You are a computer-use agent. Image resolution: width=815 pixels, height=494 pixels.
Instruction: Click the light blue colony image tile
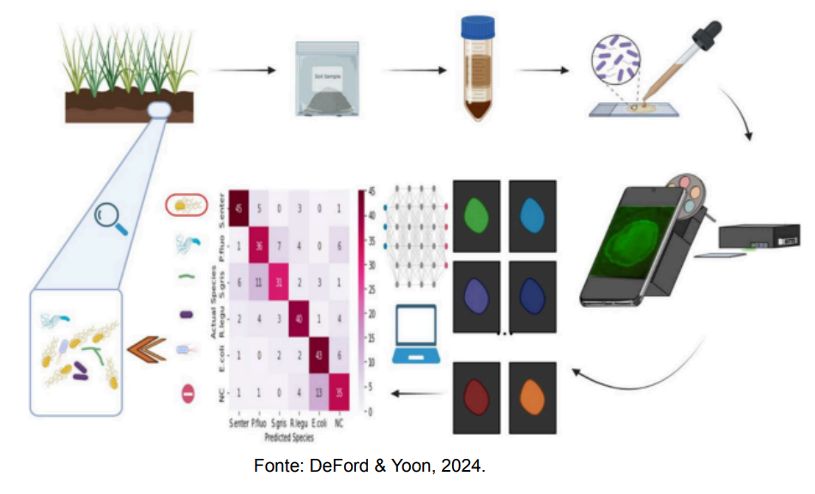tap(533, 214)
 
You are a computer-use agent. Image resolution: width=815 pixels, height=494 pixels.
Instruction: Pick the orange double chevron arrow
tap(144, 350)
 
